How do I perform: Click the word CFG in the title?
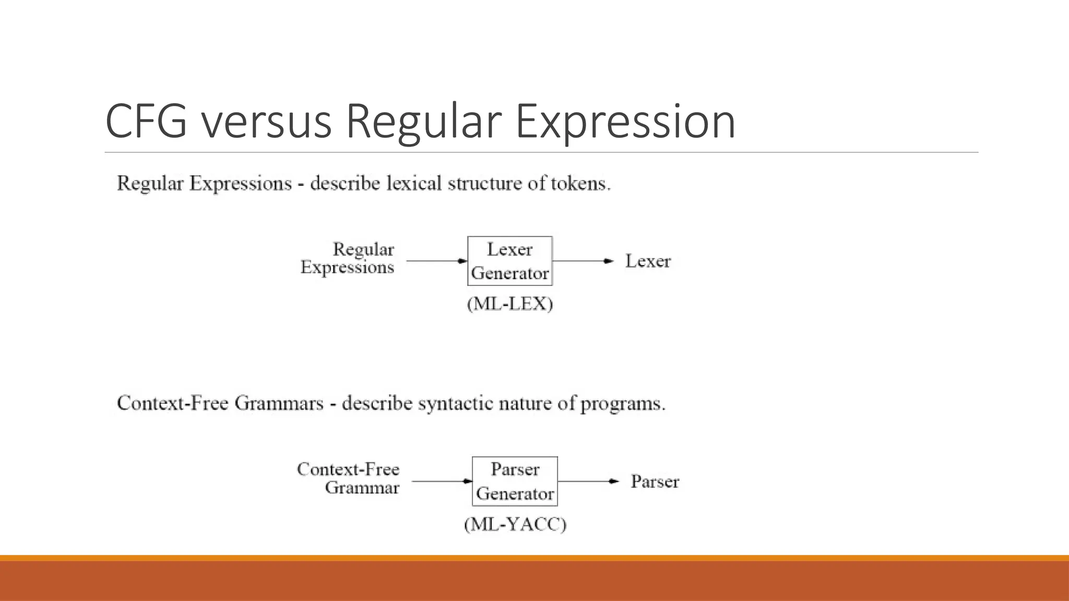click(146, 121)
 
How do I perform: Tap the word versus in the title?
click(267, 121)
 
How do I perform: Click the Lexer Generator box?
click(509, 261)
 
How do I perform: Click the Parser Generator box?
click(515, 481)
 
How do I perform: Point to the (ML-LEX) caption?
click(510, 304)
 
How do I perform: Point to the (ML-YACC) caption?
click(515, 524)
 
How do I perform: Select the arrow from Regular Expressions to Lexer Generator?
click(436, 261)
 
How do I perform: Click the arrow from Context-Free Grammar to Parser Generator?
click(442, 481)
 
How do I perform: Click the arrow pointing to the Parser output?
click(588, 481)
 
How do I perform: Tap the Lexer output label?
click(648, 261)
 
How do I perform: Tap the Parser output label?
click(655, 481)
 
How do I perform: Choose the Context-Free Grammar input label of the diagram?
click(349, 478)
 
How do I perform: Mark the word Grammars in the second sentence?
click(279, 404)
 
